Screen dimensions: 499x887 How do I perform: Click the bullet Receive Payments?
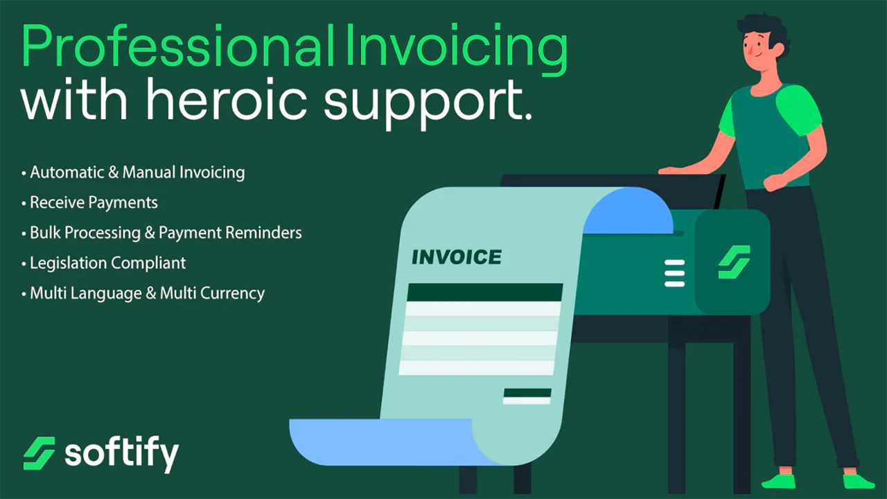pos(94,202)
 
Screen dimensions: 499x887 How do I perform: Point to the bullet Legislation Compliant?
pos(107,263)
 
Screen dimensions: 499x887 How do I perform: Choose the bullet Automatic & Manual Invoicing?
pos(137,172)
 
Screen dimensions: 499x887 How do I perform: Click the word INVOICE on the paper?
pos(457,258)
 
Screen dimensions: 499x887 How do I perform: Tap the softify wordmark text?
pos(122,454)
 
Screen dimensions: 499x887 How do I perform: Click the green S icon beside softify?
pos(39,453)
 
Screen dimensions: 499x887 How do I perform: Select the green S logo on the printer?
pos(734,262)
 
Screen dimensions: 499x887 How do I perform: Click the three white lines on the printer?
pos(674,273)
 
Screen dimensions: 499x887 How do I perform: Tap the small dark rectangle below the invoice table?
pos(527,393)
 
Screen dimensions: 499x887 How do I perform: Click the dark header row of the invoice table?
pos(484,292)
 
